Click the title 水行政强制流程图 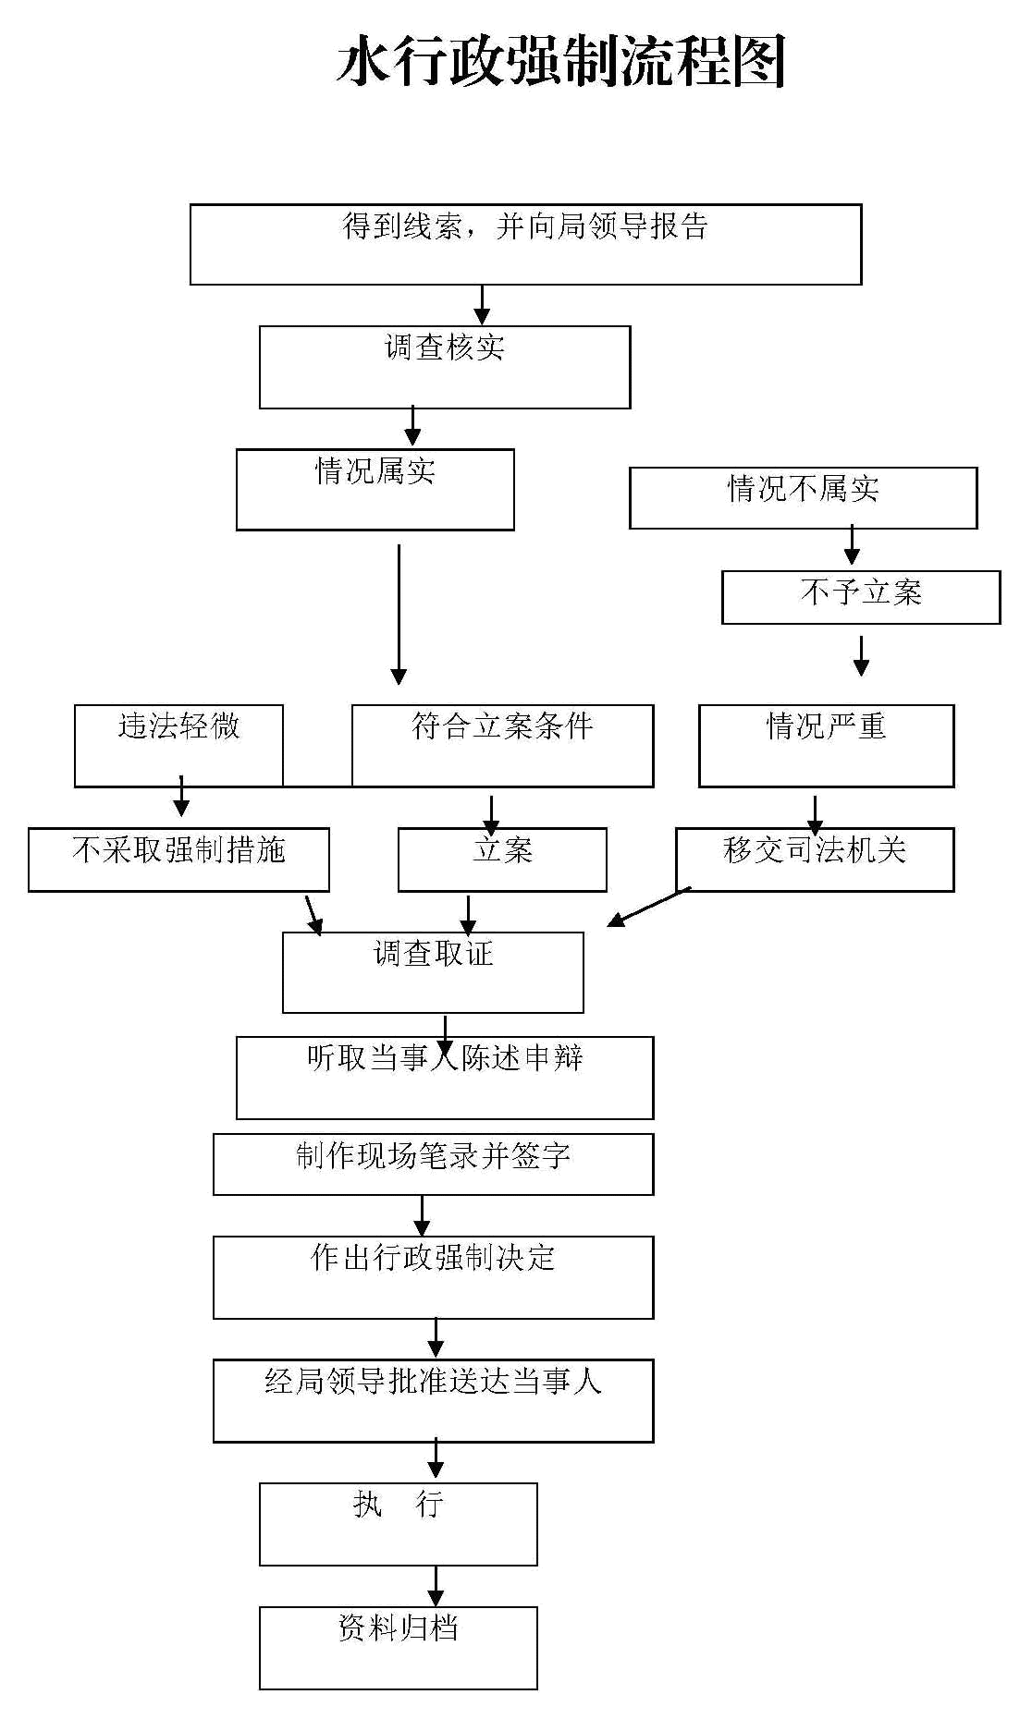(x=560, y=62)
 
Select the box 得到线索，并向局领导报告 (x=525, y=244)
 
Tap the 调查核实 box (x=445, y=367)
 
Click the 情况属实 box (x=375, y=490)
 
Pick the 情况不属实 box (x=804, y=498)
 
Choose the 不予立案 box (x=861, y=597)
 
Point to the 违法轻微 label (x=178, y=726)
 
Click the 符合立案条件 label (x=502, y=726)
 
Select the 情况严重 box (x=827, y=746)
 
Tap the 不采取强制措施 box (x=178, y=859)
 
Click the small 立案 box (x=502, y=859)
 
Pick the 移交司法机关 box (x=815, y=859)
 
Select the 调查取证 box (x=433, y=972)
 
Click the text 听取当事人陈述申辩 (x=445, y=1057)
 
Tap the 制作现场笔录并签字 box (x=434, y=1164)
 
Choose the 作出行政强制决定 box (x=434, y=1277)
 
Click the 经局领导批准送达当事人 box (x=434, y=1400)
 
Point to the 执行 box (x=399, y=1524)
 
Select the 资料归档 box (x=399, y=1648)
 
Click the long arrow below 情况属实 (x=399, y=615)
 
